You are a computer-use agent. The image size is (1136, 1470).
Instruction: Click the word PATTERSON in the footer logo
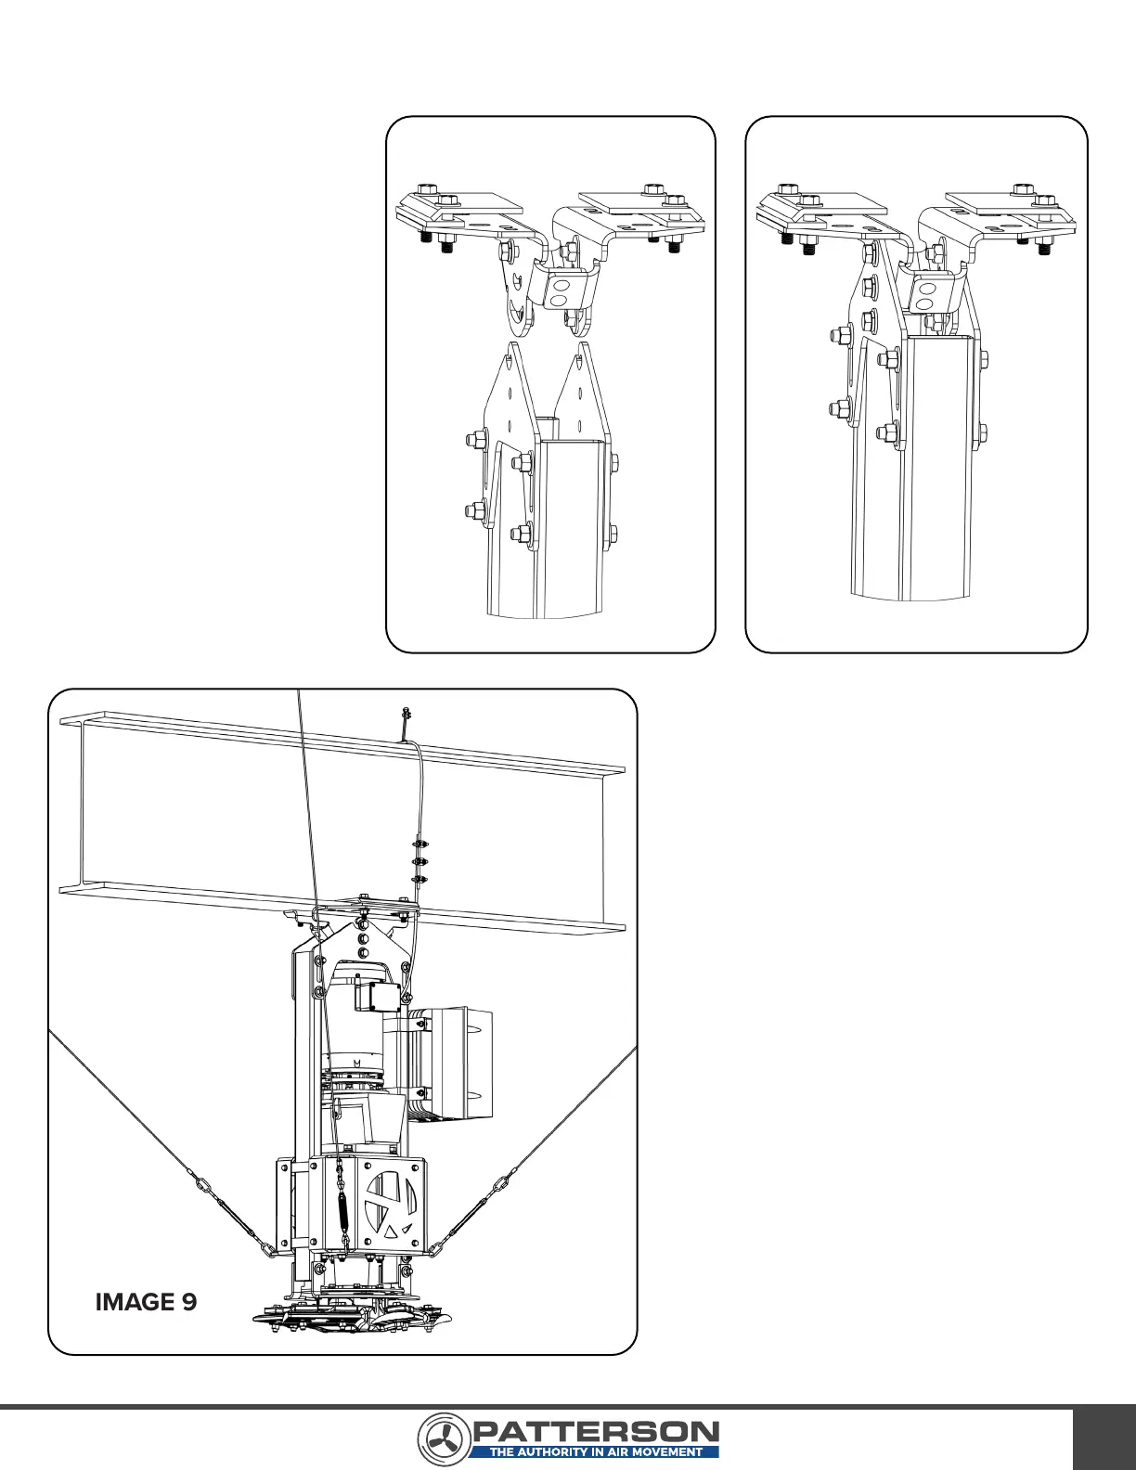click(595, 1431)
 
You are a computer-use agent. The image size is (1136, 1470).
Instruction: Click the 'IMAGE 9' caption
click(146, 1302)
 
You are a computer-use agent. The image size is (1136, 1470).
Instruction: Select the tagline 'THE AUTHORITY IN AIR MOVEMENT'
click(595, 1452)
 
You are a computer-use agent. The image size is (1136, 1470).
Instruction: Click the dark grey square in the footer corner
click(1104, 1438)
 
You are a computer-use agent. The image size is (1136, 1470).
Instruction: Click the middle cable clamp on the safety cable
click(420, 861)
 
